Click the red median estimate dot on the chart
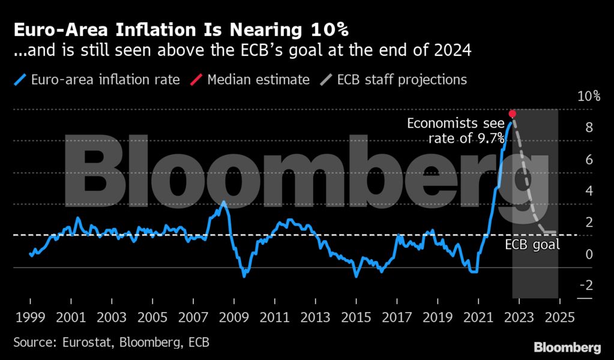tap(512, 113)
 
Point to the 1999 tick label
tap(30, 317)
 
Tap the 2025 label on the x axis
tap(559, 317)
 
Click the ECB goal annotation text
tap(532, 245)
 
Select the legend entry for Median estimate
tap(258, 80)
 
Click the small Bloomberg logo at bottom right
tap(567, 347)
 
